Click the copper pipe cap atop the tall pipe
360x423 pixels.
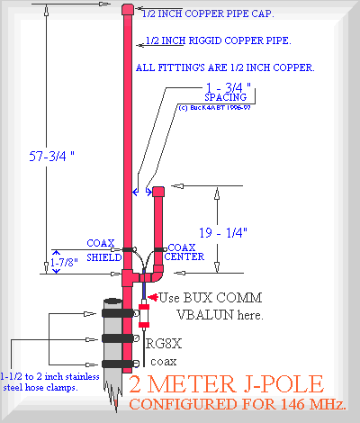click(x=128, y=10)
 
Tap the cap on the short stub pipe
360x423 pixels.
click(x=158, y=192)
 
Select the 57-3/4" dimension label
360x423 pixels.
click(x=51, y=157)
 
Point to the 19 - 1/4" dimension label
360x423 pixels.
click(x=223, y=233)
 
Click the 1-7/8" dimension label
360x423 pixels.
click(x=64, y=263)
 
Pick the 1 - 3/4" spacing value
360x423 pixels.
click(x=229, y=87)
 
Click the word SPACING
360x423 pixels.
click(x=226, y=97)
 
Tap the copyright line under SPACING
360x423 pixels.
click(x=214, y=108)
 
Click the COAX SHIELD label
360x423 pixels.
click(x=103, y=250)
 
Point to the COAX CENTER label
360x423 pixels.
click(x=184, y=252)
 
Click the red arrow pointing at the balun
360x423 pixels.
click(x=153, y=297)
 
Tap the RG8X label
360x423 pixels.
click(x=164, y=344)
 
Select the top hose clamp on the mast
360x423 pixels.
click(x=118, y=313)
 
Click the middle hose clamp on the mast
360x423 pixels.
click(x=118, y=338)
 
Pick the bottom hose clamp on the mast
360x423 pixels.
click(x=118, y=364)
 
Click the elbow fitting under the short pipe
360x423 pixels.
click(x=157, y=274)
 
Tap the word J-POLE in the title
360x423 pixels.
click(x=283, y=384)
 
